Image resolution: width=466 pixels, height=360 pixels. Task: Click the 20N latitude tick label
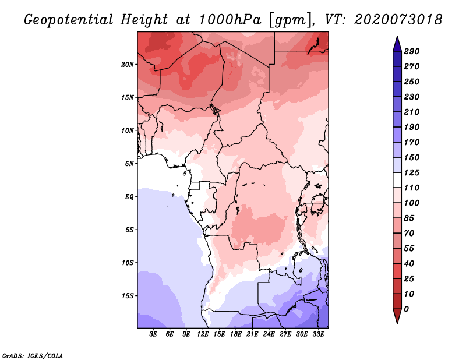(128, 64)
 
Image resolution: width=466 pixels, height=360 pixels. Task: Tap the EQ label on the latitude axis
(129, 196)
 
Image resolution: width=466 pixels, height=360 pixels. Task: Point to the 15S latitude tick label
(128, 295)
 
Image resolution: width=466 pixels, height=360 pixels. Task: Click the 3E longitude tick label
(153, 334)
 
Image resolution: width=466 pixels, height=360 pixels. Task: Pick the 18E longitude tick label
(236, 334)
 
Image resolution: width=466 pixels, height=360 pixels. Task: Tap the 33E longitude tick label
(319, 334)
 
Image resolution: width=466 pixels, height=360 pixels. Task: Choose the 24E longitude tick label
(269, 334)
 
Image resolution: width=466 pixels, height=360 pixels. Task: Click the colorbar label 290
(411, 51)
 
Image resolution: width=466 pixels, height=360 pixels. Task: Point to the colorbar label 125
(411, 173)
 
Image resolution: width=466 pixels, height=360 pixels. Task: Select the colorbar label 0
(406, 309)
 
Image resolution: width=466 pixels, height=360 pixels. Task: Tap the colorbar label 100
(411, 203)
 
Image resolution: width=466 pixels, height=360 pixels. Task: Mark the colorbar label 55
(409, 249)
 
